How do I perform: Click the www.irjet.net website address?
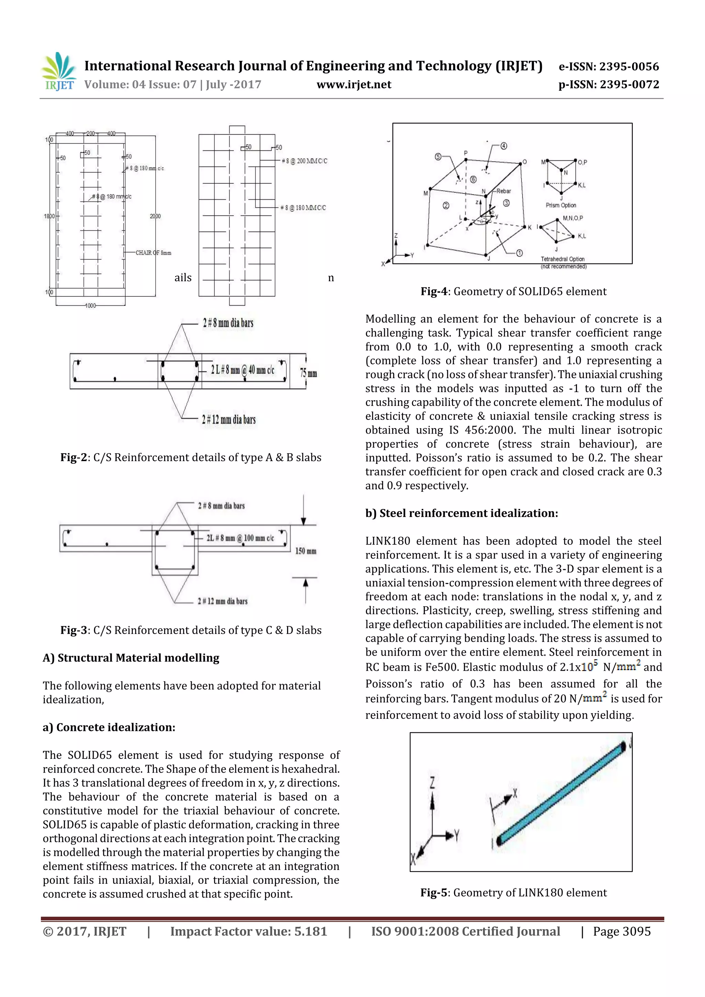[x=354, y=85]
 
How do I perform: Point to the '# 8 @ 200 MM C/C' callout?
[x=305, y=161]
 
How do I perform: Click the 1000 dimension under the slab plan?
[x=90, y=306]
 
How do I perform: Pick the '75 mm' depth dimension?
[x=308, y=373]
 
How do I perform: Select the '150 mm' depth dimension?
[x=306, y=551]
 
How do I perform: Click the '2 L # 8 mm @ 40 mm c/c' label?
[x=242, y=370]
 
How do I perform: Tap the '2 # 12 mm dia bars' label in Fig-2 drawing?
[x=229, y=420]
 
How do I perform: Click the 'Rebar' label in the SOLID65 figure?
[x=503, y=191]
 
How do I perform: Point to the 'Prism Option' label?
[x=561, y=205]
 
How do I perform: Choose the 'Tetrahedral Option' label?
[x=562, y=259]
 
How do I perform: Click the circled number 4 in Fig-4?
[x=503, y=146]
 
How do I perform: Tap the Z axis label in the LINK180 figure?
[x=432, y=783]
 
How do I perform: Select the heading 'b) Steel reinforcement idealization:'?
[x=461, y=513]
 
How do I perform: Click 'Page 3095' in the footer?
[x=622, y=931]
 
